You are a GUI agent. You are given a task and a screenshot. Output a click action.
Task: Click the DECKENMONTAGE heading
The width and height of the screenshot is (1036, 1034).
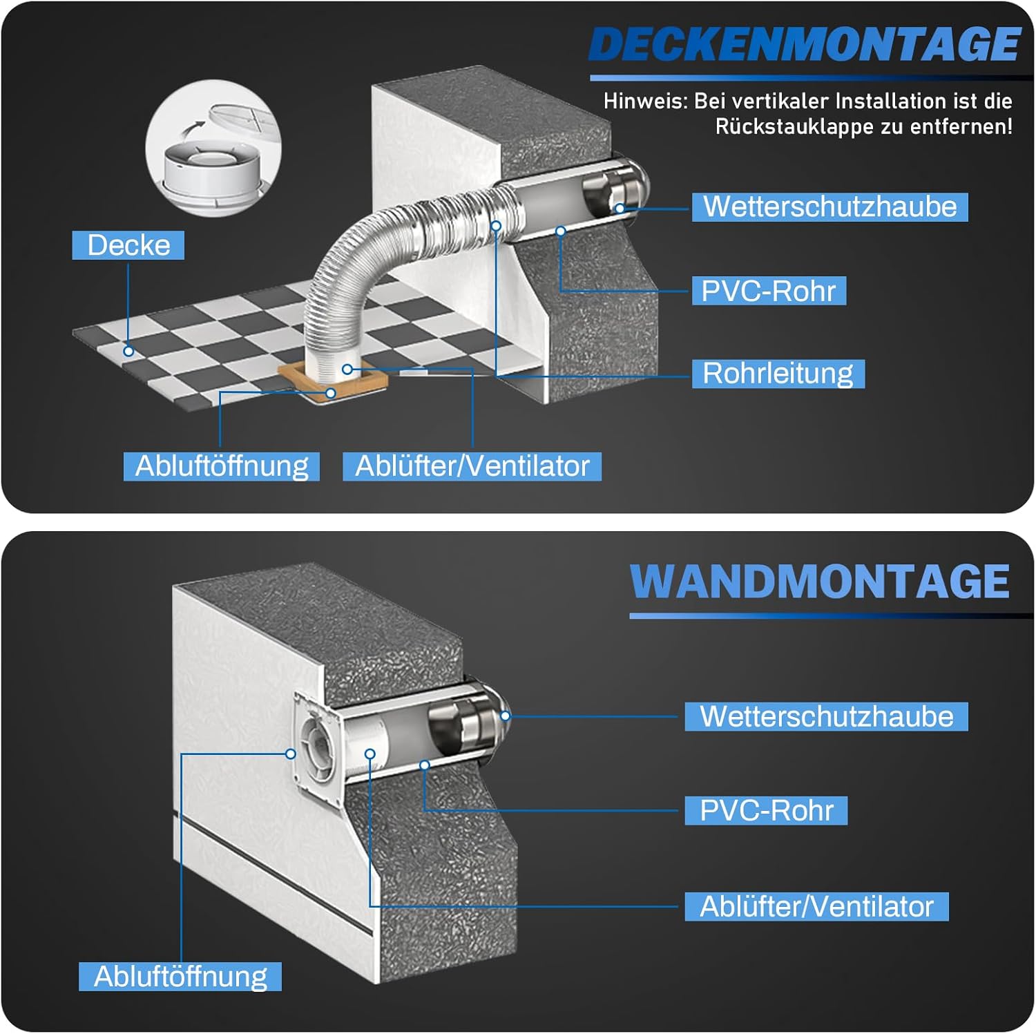pos(805,45)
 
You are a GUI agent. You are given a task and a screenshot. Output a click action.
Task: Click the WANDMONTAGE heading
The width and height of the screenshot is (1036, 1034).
pos(820,581)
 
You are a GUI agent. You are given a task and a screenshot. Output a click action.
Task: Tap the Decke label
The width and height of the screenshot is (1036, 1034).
pos(128,245)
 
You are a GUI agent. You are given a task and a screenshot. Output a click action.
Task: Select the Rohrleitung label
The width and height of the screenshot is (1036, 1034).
pos(778,373)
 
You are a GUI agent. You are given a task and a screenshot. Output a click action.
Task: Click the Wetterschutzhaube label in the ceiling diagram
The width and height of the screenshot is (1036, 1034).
pos(829,207)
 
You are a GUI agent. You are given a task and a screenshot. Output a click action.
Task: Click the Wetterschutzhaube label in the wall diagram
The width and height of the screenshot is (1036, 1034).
pos(826,716)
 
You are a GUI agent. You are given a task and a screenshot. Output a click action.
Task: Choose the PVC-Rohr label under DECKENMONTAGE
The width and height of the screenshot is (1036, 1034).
pos(769,291)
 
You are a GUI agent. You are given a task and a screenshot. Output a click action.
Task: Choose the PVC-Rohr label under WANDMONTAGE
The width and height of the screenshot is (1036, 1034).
pos(766,810)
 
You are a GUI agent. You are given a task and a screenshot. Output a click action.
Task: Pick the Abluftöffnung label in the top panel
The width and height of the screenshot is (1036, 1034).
pos(222,466)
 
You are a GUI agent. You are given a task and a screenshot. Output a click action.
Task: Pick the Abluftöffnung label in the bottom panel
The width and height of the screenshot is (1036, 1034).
pos(180,977)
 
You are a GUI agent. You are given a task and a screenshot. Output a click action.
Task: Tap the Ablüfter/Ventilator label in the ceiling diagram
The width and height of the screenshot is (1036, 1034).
pos(472,466)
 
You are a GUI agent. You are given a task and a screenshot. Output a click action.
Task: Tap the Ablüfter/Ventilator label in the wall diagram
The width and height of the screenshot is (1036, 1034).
pos(816,906)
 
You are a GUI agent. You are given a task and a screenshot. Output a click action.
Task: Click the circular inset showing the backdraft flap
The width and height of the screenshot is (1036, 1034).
pos(213,148)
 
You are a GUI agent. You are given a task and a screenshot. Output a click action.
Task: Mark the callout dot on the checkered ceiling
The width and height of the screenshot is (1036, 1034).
pos(128,351)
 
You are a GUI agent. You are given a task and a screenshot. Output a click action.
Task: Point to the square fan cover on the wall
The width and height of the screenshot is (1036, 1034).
pos(318,749)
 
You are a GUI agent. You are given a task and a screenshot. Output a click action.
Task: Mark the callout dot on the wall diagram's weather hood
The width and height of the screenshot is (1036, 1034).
pos(506,716)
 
